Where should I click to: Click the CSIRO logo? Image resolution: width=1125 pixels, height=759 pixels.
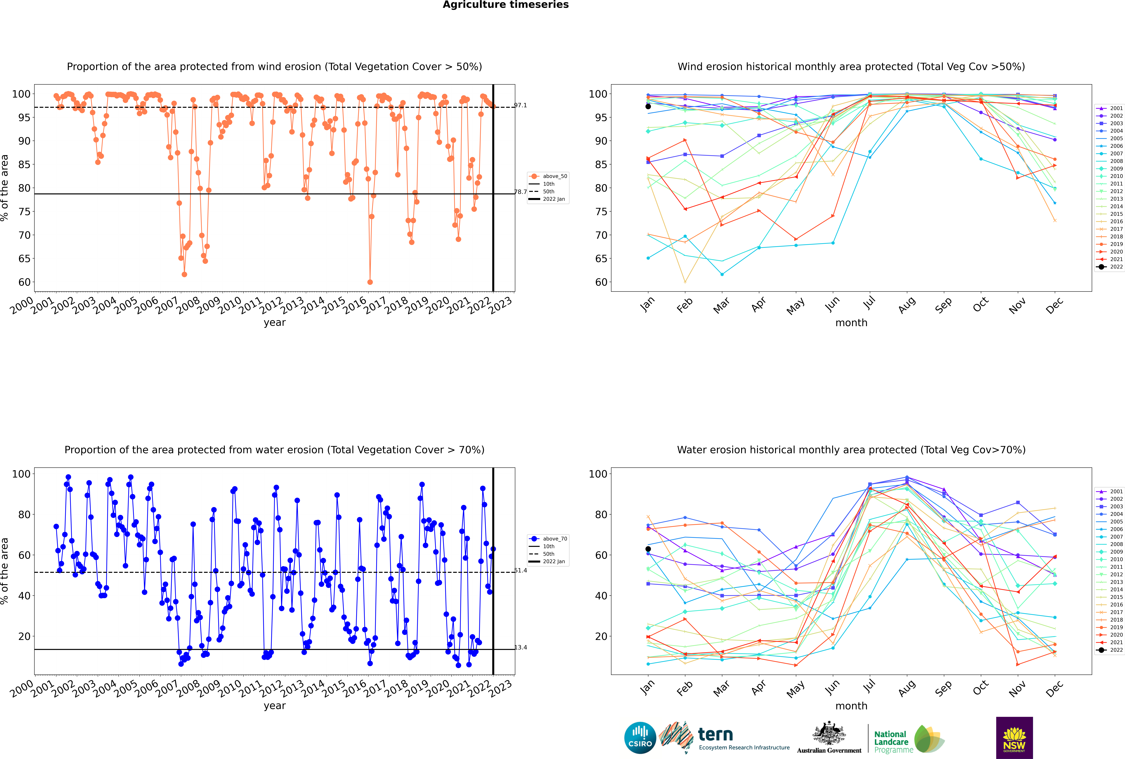coord(640,738)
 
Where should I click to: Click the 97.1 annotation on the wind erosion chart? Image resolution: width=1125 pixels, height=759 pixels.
coord(520,105)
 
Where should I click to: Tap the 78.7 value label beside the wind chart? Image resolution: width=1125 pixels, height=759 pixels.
coord(520,192)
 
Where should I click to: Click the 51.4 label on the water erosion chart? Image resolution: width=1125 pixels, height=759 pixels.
coord(520,570)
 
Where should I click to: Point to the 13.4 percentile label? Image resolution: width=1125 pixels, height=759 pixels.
coord(520,647)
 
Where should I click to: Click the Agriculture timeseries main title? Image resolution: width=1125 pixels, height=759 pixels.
coord(505,5)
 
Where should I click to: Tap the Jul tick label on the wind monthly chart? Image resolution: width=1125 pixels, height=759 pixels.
coord(869,303)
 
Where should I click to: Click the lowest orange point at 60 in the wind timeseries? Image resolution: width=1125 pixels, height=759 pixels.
coord(370,282)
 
